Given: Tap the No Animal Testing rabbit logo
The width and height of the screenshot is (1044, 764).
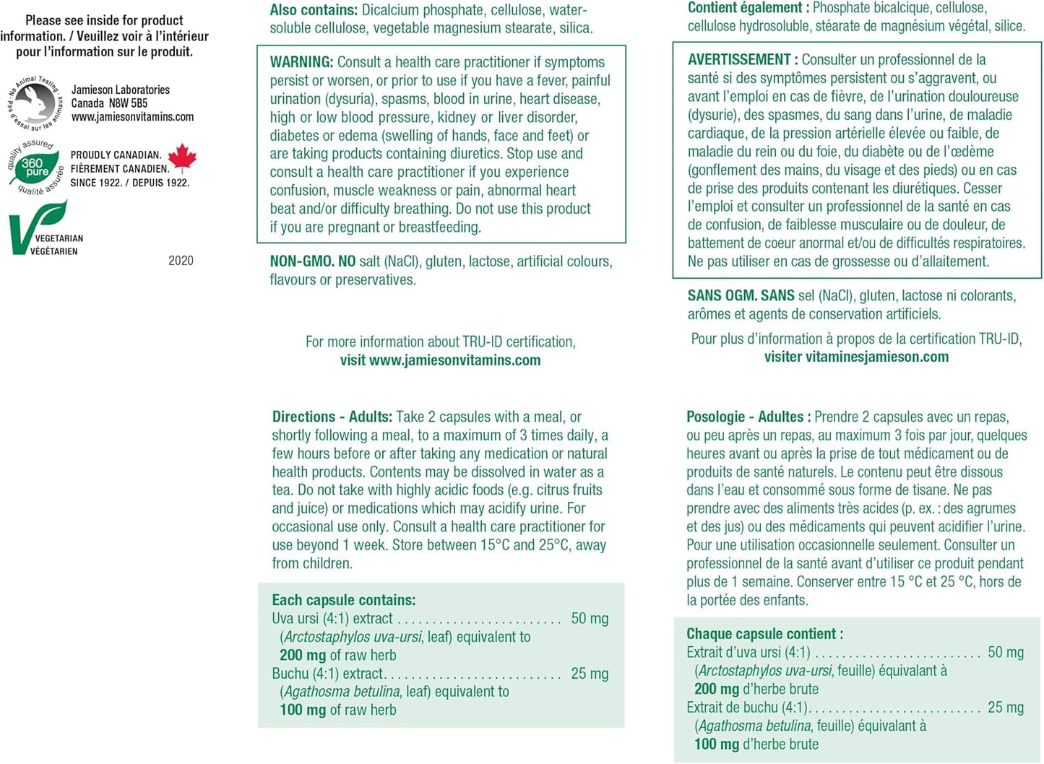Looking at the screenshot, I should click(x=35, y=103).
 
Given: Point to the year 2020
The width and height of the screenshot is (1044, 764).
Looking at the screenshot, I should click(x=181, y=261).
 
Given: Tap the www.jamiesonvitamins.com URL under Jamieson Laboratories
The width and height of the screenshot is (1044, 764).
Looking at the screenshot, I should click(x=132, y=117).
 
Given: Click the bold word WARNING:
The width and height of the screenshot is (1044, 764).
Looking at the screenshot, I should click(x=301, y=62).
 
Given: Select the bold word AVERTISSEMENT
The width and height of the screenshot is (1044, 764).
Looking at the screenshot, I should click(x=739, y=60).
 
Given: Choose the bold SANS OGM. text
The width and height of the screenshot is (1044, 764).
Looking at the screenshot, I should click(x=722, y=295).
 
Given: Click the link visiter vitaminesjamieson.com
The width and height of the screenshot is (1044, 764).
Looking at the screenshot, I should click(x=856, y=357).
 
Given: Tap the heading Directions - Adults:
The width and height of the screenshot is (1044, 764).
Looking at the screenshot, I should click(x=332, y=417).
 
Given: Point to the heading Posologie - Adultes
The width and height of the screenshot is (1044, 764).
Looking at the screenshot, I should click(x=745, y=417).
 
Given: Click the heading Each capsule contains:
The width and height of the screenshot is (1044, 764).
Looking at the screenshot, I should click(x=343, y=600).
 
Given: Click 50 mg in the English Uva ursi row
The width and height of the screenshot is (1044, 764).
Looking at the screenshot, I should click(x=590, y=619).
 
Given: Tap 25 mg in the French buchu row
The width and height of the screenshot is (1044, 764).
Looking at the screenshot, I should click(x=1005, y=708).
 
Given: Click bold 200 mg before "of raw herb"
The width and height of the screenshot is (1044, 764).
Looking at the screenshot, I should click(x=303, y=656).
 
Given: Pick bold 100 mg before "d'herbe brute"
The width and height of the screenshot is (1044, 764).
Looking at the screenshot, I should click(x=717, y=745).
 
